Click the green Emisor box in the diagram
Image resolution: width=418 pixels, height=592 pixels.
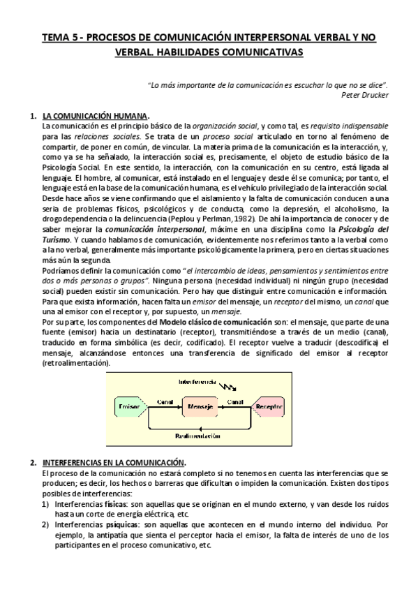point(128,406)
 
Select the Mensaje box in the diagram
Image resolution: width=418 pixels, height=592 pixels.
point(200,406)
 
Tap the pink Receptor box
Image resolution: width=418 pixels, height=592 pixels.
point(268,406)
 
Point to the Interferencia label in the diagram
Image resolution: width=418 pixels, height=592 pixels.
point(198,383)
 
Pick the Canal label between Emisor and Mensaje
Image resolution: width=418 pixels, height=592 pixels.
point(165,401)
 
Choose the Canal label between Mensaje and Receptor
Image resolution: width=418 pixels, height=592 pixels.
point(234,401)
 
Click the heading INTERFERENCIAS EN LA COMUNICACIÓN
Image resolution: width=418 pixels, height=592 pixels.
point(113,462)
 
